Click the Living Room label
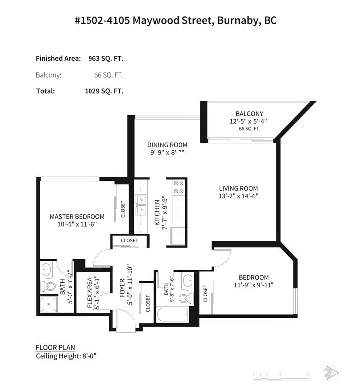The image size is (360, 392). coord(238,188)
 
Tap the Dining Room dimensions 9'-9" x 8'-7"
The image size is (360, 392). coord(167,152)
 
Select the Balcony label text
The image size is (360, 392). coord(249,114)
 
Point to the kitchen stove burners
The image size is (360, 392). coord(179,187)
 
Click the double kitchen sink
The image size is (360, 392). coord(141,205)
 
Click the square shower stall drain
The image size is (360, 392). coord(49,304)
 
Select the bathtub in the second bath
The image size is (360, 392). coord(173,314)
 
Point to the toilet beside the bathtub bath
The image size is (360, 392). coord(186,298)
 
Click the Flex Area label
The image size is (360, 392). coord(90,293)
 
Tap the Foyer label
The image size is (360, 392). coord(122,288)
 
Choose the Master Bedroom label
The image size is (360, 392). coord(77,217)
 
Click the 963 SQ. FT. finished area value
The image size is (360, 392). coord(106,58)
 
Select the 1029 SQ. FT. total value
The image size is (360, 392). coord(104,91)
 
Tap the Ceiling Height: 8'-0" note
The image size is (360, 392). coord(66,356)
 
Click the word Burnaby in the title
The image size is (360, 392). coord(237,20)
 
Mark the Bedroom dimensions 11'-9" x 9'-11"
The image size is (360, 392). coord(254,285)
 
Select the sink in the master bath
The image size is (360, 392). coord(46,270)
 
